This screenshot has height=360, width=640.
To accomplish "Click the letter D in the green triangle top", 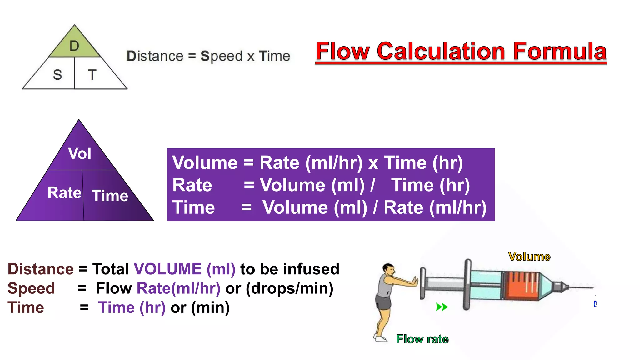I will tap(74, 46).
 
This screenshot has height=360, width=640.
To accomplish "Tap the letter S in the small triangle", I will tap(57, 75).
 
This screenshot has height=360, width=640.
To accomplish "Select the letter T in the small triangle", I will tap(92, 75).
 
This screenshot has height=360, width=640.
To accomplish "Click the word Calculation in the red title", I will tap(441, 51).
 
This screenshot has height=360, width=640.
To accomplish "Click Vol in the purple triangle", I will tap(80, 153).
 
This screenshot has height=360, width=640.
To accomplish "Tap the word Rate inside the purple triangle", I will tap(64, 192).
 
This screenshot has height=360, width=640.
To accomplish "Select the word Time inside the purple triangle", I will tap(110, 196).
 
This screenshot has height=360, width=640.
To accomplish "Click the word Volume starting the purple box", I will tap(205, 163).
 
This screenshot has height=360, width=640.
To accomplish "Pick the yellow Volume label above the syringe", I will tap(529, 257).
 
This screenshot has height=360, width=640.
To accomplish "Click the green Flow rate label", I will tap(422, 339).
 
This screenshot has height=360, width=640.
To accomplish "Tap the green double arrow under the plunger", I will tap(442, 307).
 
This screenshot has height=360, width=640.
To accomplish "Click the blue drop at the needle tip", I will tap(595, 304).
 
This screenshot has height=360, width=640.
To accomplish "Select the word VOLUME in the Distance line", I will tap(167, 269).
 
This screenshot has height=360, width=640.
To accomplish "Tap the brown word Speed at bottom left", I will tap(31, 288).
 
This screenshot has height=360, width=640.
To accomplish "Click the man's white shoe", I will tap(380, 339).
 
